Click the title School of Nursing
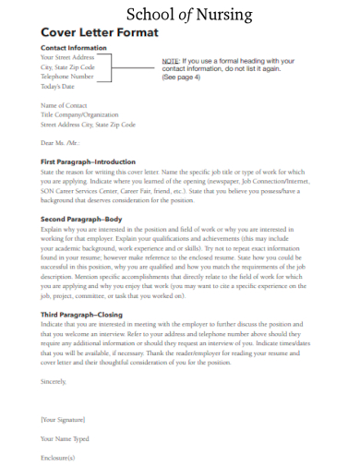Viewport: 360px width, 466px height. [x=179, y=13]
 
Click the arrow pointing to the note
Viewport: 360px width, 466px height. [x=137, y=66]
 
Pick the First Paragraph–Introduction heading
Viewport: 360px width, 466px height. [x=90, y=161]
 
